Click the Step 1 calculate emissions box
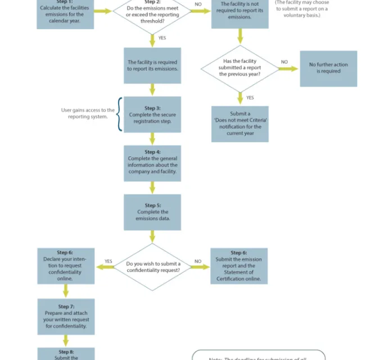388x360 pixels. pyautogui.click(x=65, y=12)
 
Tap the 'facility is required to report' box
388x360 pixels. pyautogui.click(x=152, y=65)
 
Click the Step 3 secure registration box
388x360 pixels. pyautogui.click(x=152, y=114)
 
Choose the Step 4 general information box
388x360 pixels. pyautogui.click(x=152, y=163)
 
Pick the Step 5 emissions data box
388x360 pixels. pyautogui.click(x=152, y=212)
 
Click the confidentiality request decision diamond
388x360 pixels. pyautogui.click(x=153, y=267)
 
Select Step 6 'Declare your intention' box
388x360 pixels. pyautogui.click(x=65, y=265)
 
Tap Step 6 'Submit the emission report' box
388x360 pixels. pyautogui.click(x=239, y=266)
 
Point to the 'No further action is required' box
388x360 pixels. pyautogui.click(x=328, y=69)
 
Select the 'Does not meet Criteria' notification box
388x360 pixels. pyautogui.click(x=240, y=124)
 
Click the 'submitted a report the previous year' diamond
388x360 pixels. pyautogui.click(x=240, y=69)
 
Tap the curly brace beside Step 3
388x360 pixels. pyautogui.click(x=119, y=114)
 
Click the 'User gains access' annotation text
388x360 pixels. pyautogui.click(x=88, y=114)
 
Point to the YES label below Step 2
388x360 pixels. pyautogui.click(x=162, y=38)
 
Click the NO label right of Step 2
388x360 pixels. pyautogui.click(x=198, y=4)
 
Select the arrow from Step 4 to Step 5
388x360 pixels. pyautogui.click(x=152, y=187)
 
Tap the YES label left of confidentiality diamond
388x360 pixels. pyautogui.click(x=108, y=261)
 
